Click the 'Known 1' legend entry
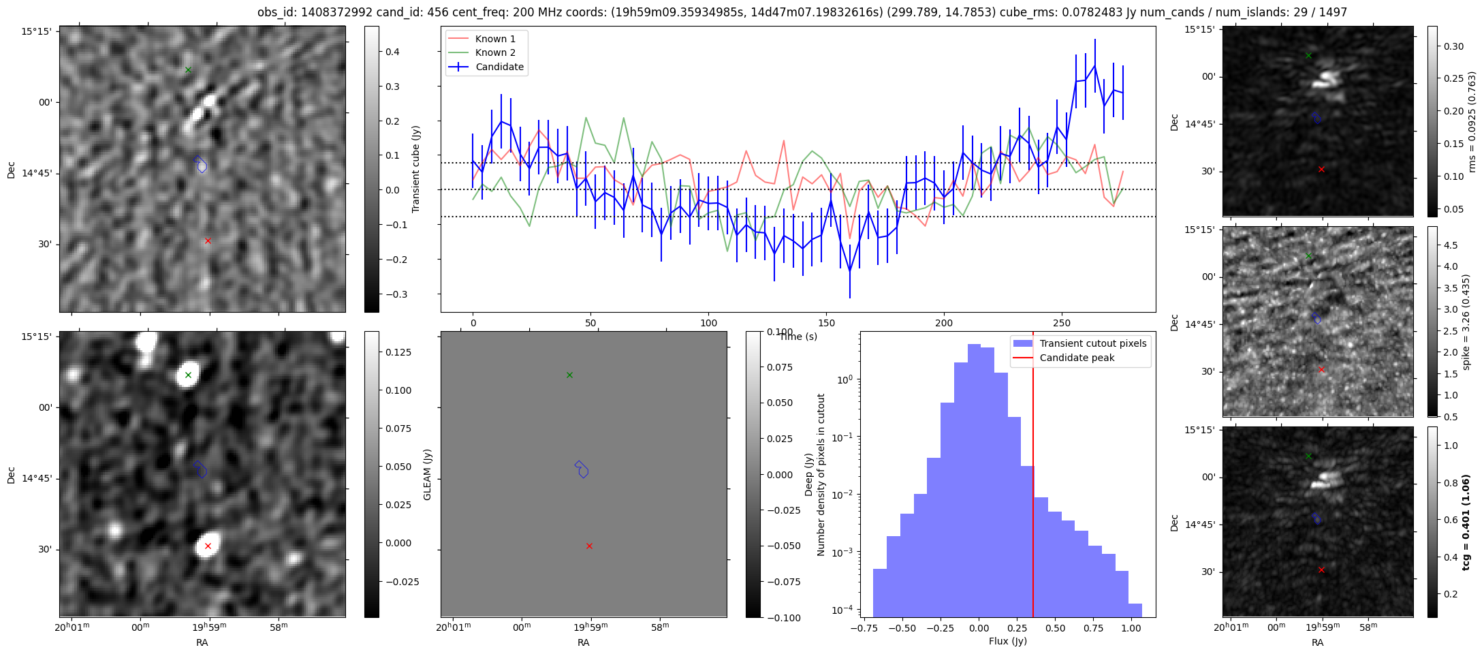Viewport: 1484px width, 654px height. tap(494, 39)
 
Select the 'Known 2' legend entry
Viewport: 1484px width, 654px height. tap(494, 52)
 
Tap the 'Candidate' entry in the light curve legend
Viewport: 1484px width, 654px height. tap(499, 67)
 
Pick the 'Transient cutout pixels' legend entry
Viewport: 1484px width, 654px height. tap(1092, 343)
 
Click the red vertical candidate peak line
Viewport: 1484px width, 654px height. tap(1033, 477)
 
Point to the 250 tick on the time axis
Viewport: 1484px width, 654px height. tap(1062, 323)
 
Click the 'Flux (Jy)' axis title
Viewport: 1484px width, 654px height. tap(1007, 641)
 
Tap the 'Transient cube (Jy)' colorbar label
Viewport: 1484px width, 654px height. tap(416, 169)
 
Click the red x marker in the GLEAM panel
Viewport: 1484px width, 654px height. tap(589, 546)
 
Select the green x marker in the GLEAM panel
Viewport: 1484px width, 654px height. tap(569, 375)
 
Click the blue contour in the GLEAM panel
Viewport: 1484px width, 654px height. tap(581, 469)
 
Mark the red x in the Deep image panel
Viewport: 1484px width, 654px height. tap(208, 546)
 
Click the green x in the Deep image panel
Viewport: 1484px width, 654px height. tap(188, 375)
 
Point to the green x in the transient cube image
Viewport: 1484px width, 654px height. tap(188, 69)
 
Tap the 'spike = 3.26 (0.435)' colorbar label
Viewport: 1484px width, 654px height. tap(1466, 322)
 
